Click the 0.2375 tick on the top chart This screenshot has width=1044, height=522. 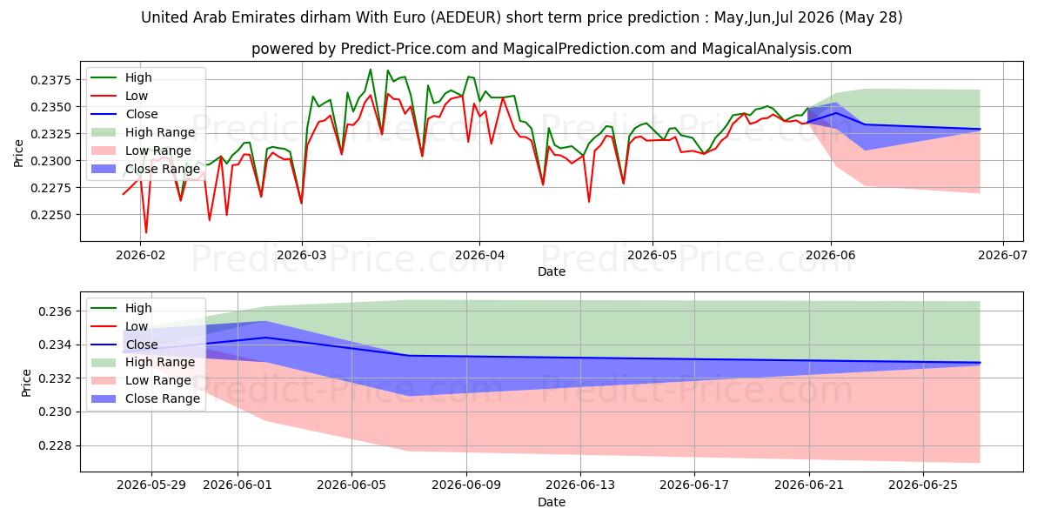pos(50,80)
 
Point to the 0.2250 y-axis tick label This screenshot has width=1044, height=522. pos(50,216)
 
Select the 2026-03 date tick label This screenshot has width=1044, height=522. pos(302,256)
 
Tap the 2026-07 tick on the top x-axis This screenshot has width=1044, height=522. pos(1002,256)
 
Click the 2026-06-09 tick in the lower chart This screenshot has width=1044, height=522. pos(466,485)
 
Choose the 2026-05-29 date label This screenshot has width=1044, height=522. pos(151,485)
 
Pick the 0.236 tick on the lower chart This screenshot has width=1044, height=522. pos(55,311)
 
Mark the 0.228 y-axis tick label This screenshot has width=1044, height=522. pos(55,446)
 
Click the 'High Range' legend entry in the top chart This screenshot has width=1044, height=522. pos(160,132)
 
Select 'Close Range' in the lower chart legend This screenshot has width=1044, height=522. pos(162,399)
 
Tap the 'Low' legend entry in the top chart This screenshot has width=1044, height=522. pos(136,96)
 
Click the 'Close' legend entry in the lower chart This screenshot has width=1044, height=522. pos(142,345)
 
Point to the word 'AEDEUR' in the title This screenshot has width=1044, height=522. pos(465,17)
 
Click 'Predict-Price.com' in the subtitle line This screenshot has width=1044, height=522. pos(404,49)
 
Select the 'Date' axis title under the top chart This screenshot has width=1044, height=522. pos(552,271)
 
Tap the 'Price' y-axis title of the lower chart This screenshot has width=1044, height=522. pos(26,383)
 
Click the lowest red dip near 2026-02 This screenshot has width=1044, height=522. pos(146,232)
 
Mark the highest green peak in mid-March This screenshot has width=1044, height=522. pos(371,70)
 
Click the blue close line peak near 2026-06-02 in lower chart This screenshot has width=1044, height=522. pos(266,338)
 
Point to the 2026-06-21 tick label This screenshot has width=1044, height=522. pos(809,485)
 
